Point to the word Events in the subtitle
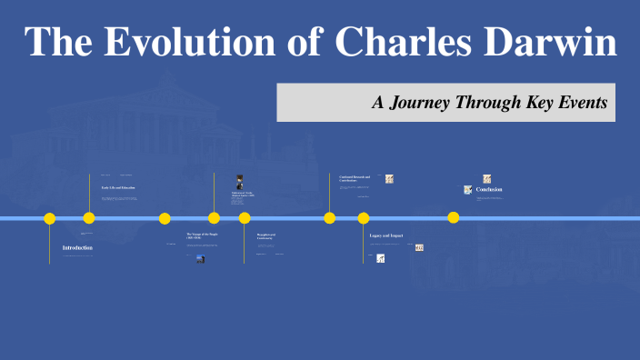pyautogui.click(x=582, y=103)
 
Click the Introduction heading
pyautogui.click(x=77, y=248)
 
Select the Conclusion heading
pyautogui.click(x=489, y=189)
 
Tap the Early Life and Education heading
pyautogui.click(x=118, y=186)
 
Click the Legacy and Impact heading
pyautogui.click(x=385, y=235)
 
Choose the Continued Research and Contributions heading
pyautogui.click(x=355, y=178)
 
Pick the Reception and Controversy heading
pyautogui.click(x=265, y=236)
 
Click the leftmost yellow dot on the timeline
pyautogui.click(x=50, y=218)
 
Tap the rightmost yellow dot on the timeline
pyautogui.click(x=454, y=217)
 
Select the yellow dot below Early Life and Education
pyautogui.click(x=89, y=218)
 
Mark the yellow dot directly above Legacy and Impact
pyautogui.click(x=364, y=218)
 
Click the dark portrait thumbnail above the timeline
pyautogui.click(x=239, y=181)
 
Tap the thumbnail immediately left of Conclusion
pyautogui.click(x=467, y=190)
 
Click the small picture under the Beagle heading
pyautogui.click(x=201, y=259)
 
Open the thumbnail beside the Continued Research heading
pyautogui.click(x=389, y=179)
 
